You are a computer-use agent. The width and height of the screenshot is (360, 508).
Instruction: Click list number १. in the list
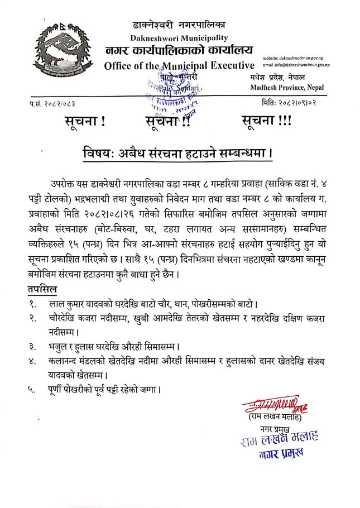point(34,305)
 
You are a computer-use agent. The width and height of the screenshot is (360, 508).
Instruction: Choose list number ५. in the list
point(35,389)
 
